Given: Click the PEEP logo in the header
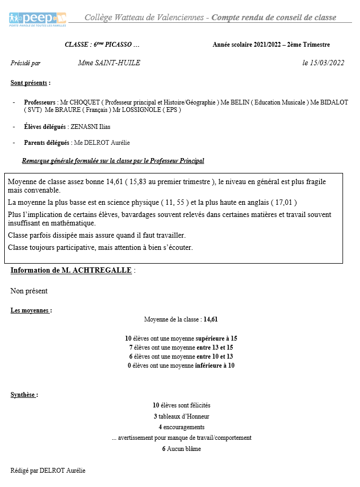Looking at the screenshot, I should (38, 19).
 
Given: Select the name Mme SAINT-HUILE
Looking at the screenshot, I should (109, 63).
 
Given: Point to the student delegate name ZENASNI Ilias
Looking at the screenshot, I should (91, 127).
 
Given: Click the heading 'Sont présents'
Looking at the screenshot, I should (30, 83).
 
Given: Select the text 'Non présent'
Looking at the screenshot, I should (29, 291).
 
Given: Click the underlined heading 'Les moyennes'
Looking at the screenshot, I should (31, 310).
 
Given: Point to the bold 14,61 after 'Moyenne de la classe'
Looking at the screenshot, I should (210, 319).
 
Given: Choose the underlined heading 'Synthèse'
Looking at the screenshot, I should (24, 395).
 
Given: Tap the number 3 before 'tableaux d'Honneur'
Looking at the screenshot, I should (155, 416).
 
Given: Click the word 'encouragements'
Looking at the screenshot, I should (184, 427).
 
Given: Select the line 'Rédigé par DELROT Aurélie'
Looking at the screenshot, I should (48, 471).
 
